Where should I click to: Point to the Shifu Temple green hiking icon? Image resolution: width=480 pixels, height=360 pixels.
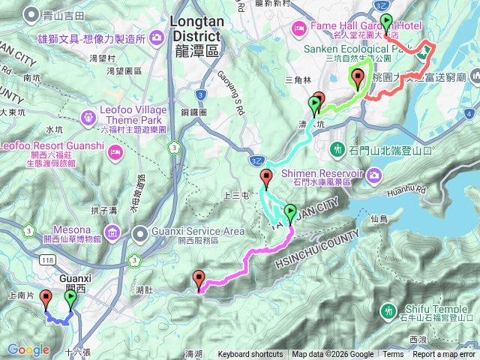click(x=388, y=310)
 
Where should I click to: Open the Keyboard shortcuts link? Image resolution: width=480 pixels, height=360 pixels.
click(x=250, y=355)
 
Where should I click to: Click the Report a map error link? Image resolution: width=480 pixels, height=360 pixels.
click(x=444, y=355)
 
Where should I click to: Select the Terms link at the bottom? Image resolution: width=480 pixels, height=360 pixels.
click(x=393, y=355)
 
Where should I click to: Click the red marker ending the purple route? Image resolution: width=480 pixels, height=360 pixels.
click(x=199, y=280)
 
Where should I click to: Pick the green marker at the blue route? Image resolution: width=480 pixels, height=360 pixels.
click(x=70, y=299)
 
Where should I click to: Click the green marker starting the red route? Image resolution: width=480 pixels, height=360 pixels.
click(x=386, y=22)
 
